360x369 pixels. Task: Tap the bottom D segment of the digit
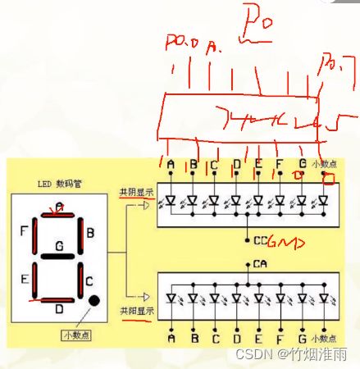tap(59, 300)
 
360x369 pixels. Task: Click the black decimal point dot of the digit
tap(94, 300)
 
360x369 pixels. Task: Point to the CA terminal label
tap(260, 264)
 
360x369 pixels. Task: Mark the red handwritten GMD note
tap(285, 243)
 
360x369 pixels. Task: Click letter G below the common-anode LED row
tap(303, 337)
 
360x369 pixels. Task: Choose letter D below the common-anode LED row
tap(236, 337)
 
